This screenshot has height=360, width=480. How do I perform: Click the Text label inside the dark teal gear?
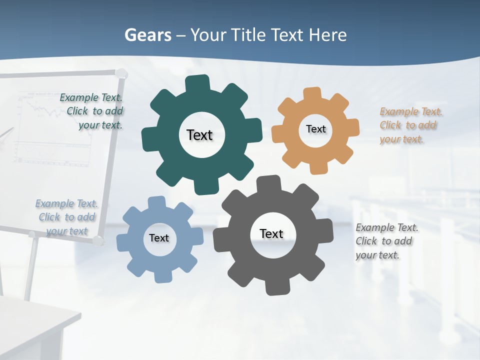(x=199, y=135)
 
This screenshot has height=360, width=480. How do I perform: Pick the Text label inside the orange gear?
(x=315, y=129)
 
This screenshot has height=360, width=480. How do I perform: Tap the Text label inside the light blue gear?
(x=159, y=238)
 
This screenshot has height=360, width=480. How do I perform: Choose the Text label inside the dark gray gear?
(x=271, y=233)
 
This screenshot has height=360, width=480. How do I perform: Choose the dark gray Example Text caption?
(x=386, y=241)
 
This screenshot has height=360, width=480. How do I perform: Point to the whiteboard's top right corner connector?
(x=121, y=74)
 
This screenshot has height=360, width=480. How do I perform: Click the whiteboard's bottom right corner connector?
(x=98, y=241)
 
